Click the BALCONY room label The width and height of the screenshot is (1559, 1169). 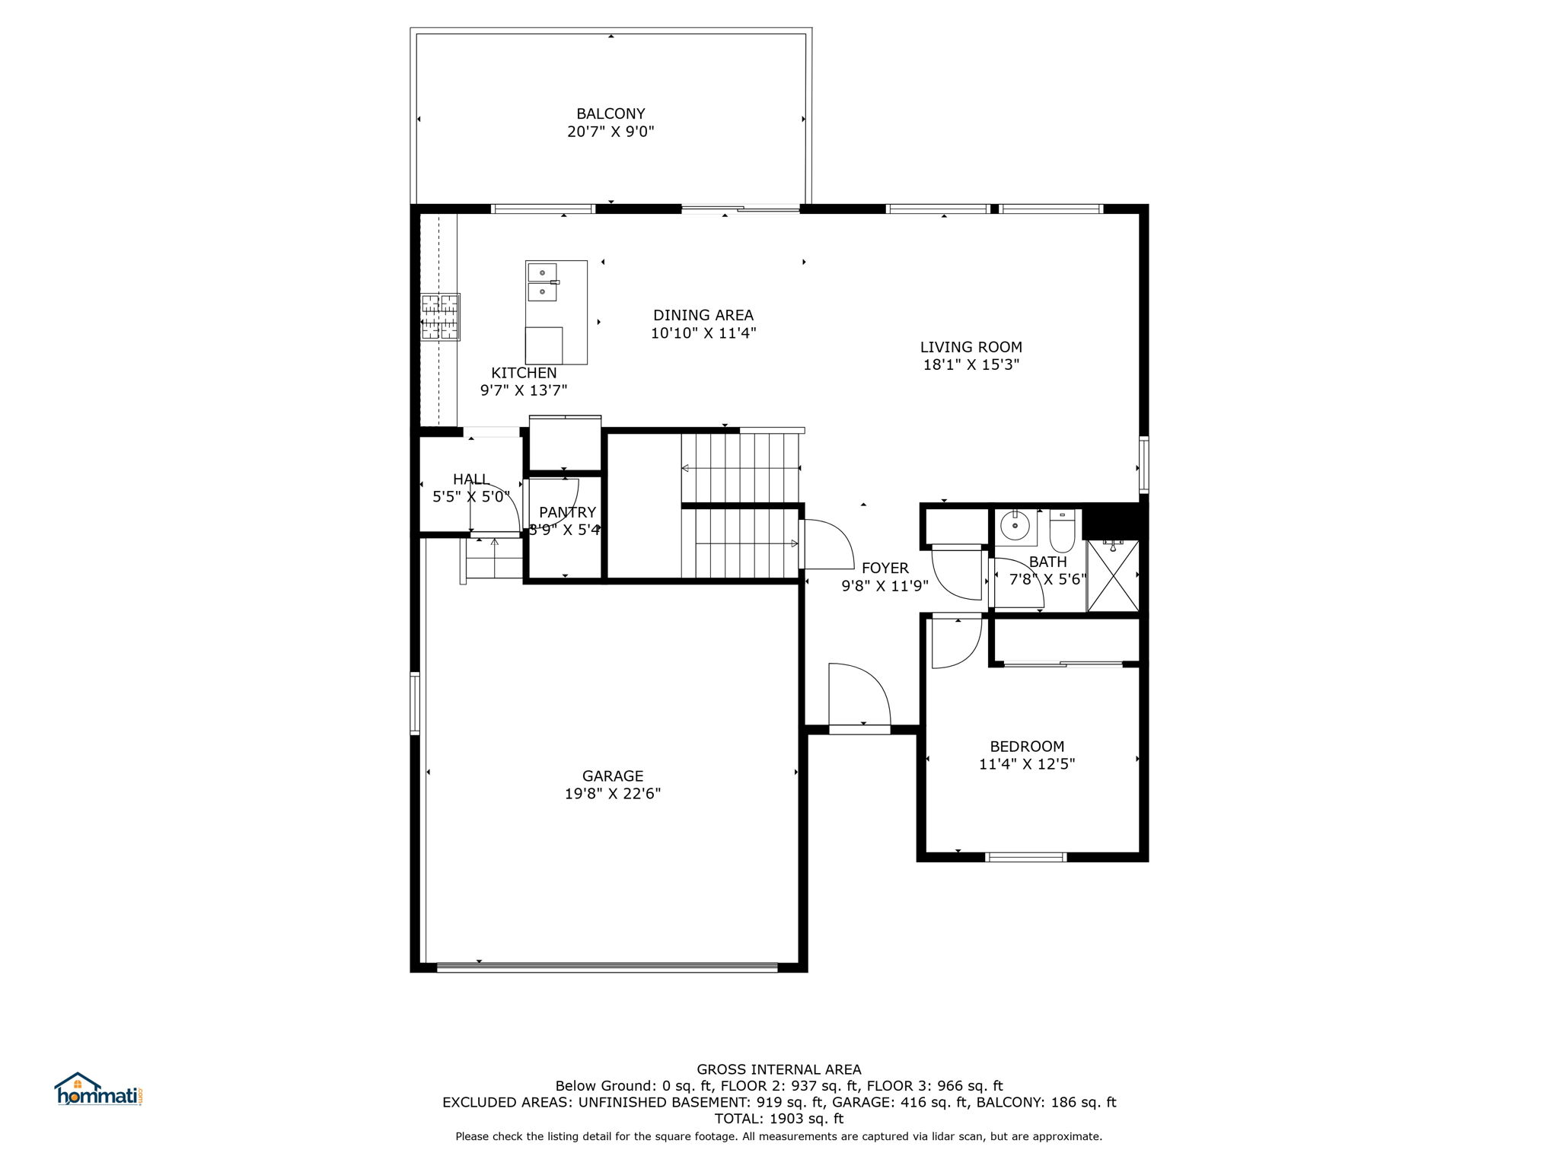click(611, 114)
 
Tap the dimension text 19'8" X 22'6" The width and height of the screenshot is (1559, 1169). click(612, 794)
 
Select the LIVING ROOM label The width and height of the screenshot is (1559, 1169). click(971, 347)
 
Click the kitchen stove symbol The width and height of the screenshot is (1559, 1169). click(441, 317)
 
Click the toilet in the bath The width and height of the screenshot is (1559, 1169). click(1061, 530)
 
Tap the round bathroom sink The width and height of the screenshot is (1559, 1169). click(1015, 525)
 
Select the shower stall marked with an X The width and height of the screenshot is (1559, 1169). click(1112, 575)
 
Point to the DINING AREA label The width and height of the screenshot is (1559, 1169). click(703, 315)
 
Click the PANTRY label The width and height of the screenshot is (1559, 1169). click(567, 512)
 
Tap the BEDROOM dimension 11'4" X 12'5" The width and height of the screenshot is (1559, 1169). click(1026, 764)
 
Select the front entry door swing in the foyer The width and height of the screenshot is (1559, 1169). click(859, 696)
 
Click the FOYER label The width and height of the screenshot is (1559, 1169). click(885, 568)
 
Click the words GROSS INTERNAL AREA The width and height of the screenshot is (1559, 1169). click(779, 1069)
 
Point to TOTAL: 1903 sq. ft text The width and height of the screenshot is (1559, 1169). click(779, 1119)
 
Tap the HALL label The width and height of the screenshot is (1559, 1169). click(470, 479)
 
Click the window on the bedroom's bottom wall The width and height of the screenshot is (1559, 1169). click(1025, 857)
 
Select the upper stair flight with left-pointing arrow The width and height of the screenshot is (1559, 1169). click(740, 467)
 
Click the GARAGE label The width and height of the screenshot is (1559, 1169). click(612, 776)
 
